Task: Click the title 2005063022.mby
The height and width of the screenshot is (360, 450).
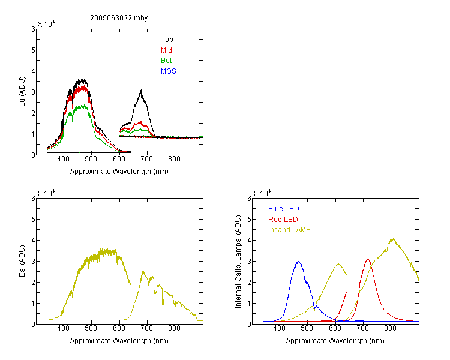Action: (119, 18)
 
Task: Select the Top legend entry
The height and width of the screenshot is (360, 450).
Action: (167, 40)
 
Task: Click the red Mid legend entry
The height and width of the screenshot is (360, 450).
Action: (166, 50)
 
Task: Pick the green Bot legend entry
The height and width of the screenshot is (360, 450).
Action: (166, 60)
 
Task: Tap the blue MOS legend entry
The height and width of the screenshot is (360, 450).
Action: (169, 71)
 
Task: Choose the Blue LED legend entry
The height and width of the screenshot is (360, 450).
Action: (284, 209)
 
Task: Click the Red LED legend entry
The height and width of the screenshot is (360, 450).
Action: (283, 220)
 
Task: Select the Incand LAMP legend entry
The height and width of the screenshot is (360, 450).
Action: (289, 230)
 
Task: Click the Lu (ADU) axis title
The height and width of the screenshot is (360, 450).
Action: (22, 92)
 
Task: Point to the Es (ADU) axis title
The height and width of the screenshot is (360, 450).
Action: (22, 261)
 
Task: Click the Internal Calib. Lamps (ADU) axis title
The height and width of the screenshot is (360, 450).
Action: (238, 262)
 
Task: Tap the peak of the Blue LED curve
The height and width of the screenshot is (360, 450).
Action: (299, 262)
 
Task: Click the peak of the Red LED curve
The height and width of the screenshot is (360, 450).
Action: (368, 259)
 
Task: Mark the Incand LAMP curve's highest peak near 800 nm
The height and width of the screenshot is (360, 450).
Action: (392, 239)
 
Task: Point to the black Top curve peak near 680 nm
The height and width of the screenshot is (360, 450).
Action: (141, 90)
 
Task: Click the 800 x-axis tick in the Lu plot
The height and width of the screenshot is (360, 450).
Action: (174, 159)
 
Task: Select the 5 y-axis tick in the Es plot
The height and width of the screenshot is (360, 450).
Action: (33, 220)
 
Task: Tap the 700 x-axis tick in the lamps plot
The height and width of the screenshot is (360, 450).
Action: (362, 328)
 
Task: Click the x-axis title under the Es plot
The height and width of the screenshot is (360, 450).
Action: (119, 340)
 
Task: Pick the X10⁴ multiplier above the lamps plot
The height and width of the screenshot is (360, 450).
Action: (262, 193)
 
